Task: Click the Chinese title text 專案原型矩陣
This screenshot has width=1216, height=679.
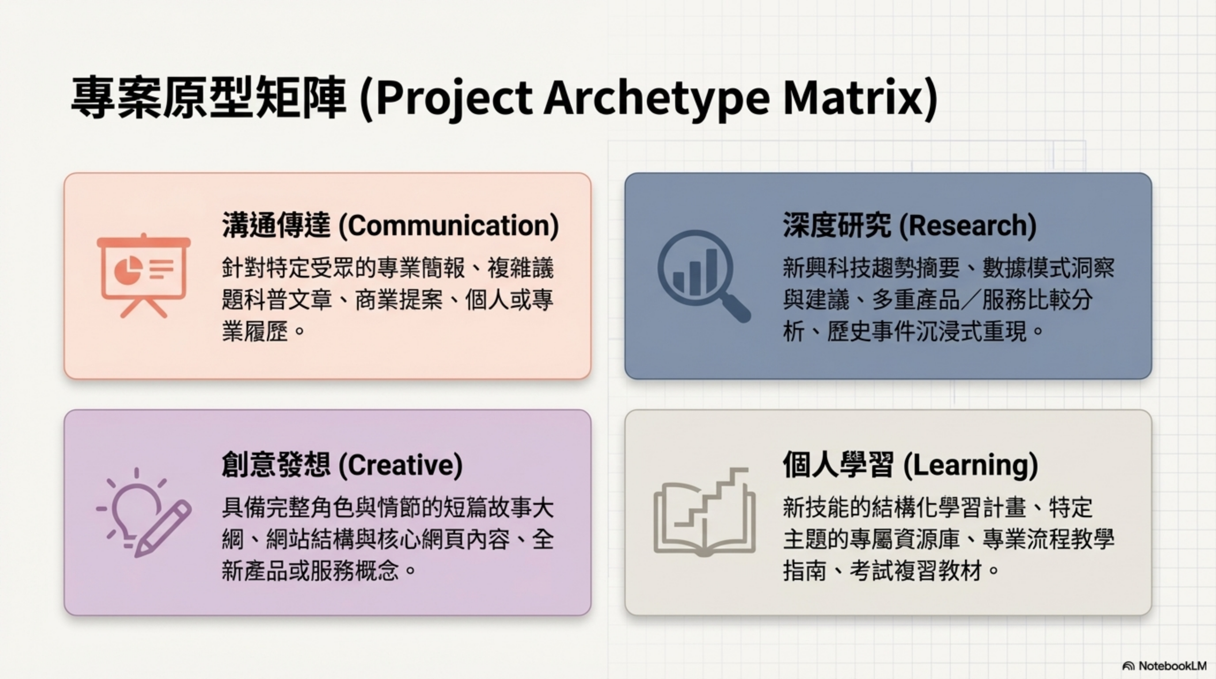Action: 208,98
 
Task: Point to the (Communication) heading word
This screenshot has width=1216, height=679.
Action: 449,225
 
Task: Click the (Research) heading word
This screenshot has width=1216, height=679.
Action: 967,225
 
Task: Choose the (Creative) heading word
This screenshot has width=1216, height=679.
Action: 401,465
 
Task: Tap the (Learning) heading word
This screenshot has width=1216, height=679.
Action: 970,465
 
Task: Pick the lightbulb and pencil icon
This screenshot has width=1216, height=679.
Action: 144,512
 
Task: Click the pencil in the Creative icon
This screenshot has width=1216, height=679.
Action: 163,529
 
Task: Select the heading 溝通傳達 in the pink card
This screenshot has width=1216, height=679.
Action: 276,225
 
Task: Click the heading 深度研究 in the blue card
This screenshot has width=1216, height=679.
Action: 837,225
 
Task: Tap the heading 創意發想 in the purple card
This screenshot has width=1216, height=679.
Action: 276,465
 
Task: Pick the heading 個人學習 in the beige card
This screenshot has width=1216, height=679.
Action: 838,465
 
